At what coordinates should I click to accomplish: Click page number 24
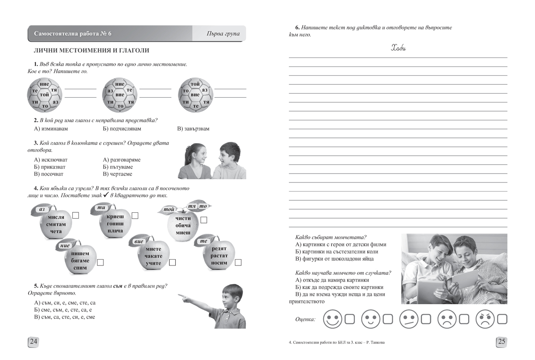[34, 342]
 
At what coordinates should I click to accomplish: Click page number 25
[502, 342]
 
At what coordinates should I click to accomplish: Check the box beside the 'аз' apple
[76, 216]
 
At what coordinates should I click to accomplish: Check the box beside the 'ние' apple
[100, 262]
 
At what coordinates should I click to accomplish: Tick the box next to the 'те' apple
[239, 262]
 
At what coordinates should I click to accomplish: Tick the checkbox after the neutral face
[426, 319]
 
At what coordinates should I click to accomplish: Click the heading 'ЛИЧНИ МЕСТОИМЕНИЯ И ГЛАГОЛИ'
[88, 51]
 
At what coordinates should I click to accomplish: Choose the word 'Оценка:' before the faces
[305, 319]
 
